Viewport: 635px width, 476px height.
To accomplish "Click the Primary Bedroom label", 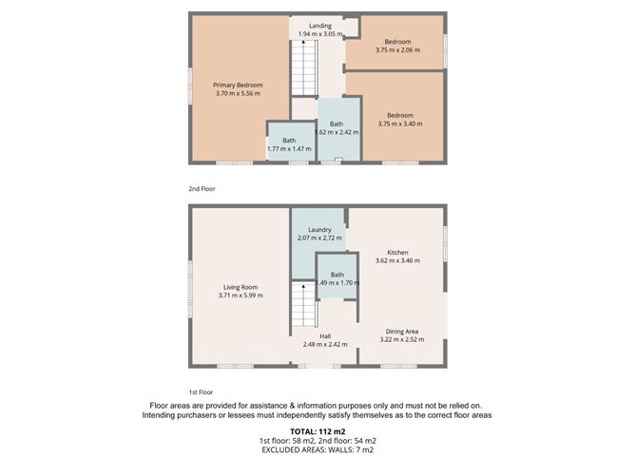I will coord(237,86).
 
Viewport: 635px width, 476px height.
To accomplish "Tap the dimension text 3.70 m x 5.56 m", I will coord(237,93).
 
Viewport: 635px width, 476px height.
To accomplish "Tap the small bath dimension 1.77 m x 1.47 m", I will coord(288,148).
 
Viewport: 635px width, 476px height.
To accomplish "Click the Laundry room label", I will coord(319,229).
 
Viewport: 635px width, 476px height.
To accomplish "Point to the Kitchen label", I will coord(397,253).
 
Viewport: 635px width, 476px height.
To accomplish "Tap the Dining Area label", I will coord(400,332).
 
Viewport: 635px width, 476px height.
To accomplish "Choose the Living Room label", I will coord(240,287).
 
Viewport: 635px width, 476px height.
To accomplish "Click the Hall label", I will coord(325,336).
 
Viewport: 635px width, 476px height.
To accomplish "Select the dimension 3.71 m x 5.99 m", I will coord(240,295).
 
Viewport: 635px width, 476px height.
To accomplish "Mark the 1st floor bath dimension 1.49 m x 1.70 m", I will coord(337,282).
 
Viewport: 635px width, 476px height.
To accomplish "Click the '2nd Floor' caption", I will coord(202,189).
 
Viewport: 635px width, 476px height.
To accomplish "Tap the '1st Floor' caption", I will coord(201,391).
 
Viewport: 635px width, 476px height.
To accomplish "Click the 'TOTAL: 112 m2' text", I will coord(317,433).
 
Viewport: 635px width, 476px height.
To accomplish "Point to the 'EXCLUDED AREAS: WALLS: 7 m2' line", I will coord(317,451).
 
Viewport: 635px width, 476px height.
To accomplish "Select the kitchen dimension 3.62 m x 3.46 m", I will coord(397,260).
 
